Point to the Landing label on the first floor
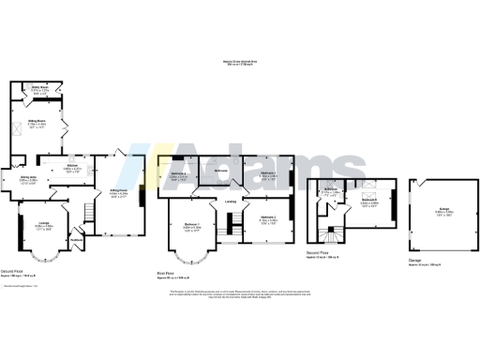(x=231, y=199)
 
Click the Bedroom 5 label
(x=369, y=202)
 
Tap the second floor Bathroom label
(x=331, y=193)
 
